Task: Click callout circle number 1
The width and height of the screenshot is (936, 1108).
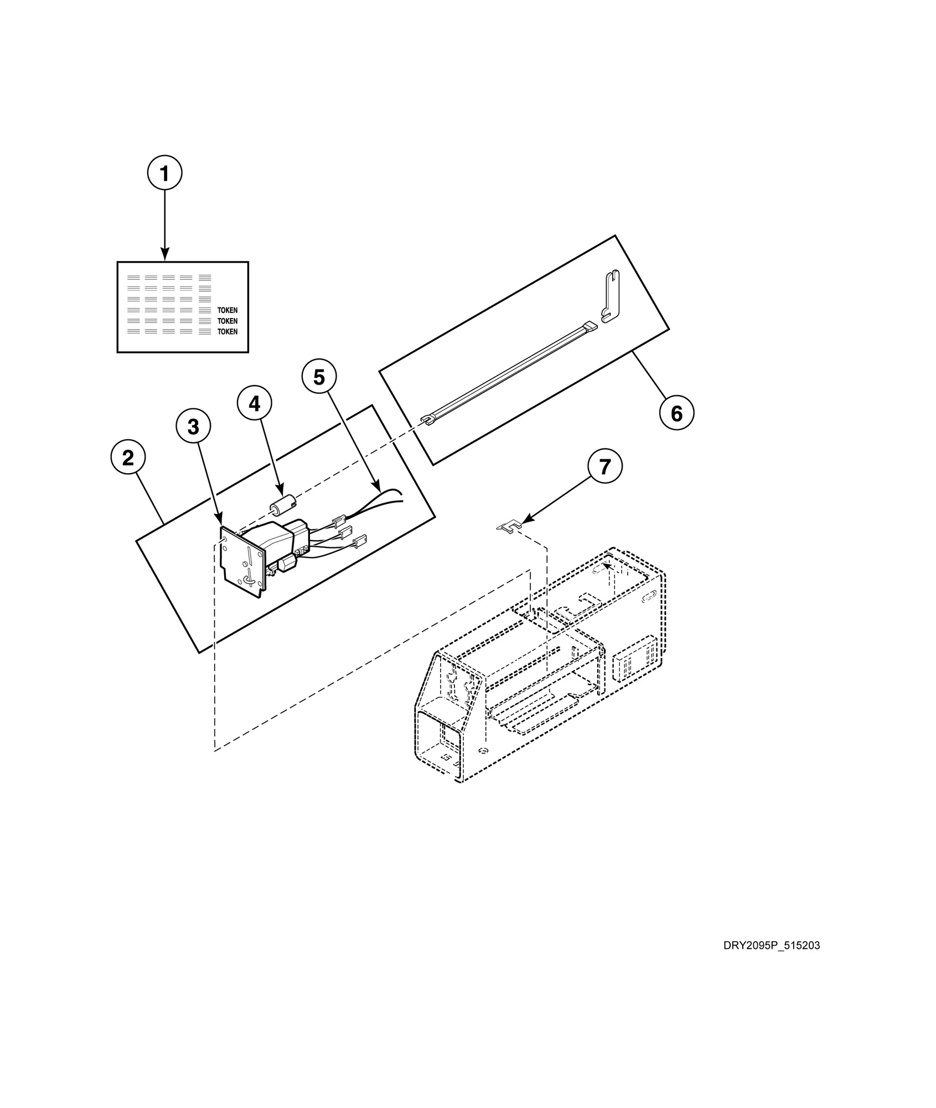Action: click(x=164, y=173)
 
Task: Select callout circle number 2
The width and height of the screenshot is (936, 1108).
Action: click(x=128, y=458)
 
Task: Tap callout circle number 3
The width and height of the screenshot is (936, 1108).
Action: click(x=193, y=427)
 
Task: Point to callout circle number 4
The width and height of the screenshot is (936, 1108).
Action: click(x=254, y=404)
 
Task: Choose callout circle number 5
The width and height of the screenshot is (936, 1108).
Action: click(x=319, y=377)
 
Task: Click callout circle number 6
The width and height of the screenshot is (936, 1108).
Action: click(x=676, y=413)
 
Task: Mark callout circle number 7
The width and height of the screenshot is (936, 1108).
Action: click(x=605, y=467)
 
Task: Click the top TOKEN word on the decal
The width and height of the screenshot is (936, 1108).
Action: click(x=227, y=311)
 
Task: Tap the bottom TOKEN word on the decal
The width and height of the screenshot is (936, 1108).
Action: click(x=227, y=332)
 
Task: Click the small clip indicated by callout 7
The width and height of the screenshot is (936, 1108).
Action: click(x=509, y=526)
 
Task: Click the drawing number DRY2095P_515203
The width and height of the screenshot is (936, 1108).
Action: click(x=771, y=946)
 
